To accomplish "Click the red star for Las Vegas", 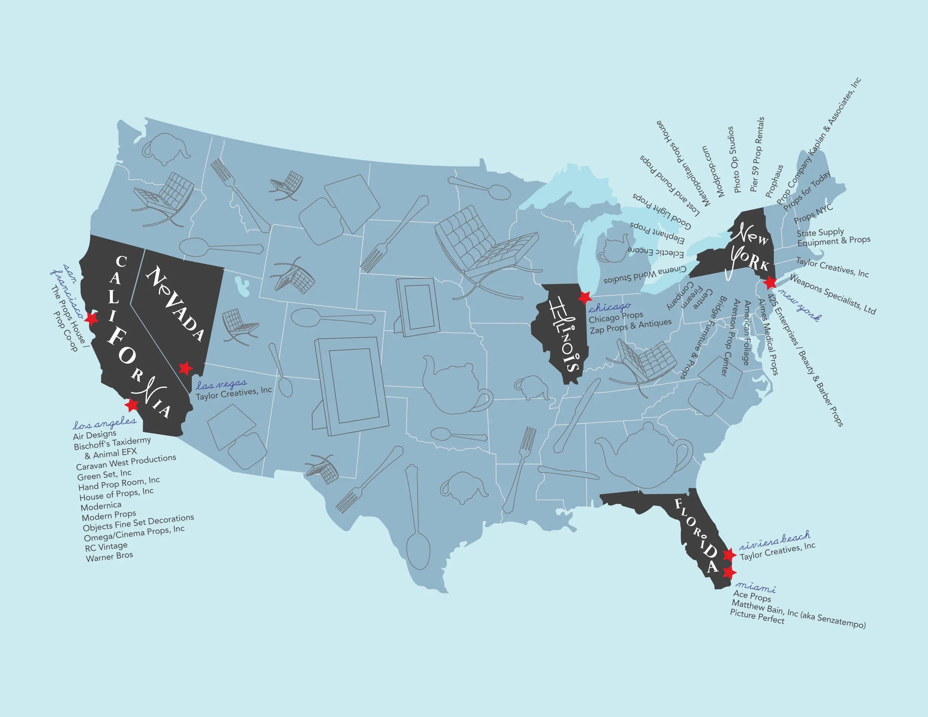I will pyautogui.click(x=185, y=368).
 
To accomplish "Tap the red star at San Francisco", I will pyautogui.click(x=91, y=318).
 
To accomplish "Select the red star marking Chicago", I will pyautogui.click(x=585, y=297).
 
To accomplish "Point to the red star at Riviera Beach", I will pyautogui.click(x=729, y=554).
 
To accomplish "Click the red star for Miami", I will pyautogui.click(x=729, y=573).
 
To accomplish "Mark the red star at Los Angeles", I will pyautogui.click(x=133, y=405).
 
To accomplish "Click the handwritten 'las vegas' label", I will pyautogui.click(x=221, y=385).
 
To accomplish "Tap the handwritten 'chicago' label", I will pyautogui.click(x=609, y=307).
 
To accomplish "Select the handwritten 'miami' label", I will pyautogui.click(x=755, y=587).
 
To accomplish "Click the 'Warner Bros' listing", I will pyautogui.click(x=110, y=556).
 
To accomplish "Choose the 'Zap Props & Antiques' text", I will pyautogui.click(x=631, y=326).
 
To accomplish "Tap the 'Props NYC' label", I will pyautogui.click(x=813, y=214).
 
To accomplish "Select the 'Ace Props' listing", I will pyautogui.click(x=752, y=596).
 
